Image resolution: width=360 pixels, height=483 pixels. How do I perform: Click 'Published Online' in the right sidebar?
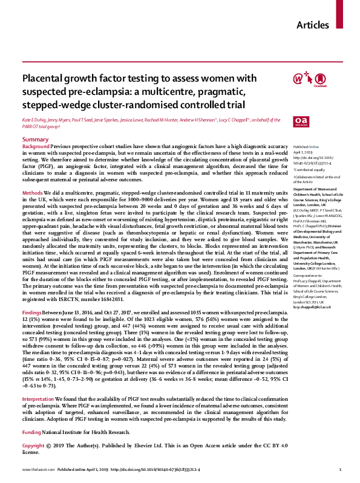click(x=305, y=147)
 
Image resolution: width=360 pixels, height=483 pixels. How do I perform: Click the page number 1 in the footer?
click(x=341, y=469)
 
